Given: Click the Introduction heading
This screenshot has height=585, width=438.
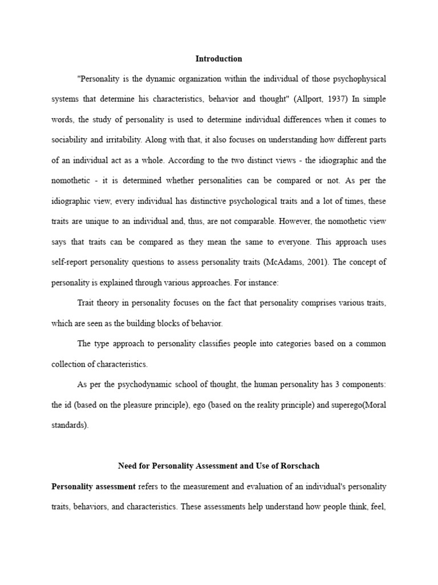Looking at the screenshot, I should pyautogui.click(x=218, y=58).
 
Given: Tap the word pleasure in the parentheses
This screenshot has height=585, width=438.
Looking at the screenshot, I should pyautogui.click(x=149, y=404).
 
